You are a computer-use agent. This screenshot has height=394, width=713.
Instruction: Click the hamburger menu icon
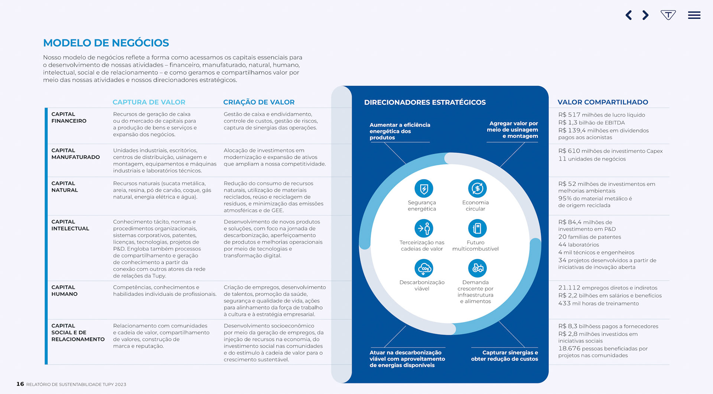[x=694, y=15]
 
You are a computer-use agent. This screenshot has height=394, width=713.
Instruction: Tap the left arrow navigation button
[x=629, y=15]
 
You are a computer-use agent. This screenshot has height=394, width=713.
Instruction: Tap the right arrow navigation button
[x=645, y=15]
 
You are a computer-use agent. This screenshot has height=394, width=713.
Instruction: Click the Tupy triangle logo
[x=668, y=15]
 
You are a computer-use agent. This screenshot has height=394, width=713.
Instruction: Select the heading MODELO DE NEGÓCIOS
[x=106, y=43]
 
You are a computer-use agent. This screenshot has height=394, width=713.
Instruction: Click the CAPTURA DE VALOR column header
[x=149, y=102]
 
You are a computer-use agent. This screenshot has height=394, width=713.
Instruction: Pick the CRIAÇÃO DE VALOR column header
[x=258, y=102]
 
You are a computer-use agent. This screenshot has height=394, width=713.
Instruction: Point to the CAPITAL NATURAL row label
[x=65, y=187]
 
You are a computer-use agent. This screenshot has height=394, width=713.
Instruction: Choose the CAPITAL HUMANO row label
[x=64, y=291]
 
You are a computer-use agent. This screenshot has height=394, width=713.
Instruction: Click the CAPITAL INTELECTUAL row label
[x=70, y=225]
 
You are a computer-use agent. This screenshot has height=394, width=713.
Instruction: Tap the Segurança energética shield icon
[x=424, y=188]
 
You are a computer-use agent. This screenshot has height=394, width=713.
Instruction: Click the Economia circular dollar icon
[x=477, y=188]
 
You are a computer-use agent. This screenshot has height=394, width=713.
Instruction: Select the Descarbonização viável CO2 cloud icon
[x=424, y=268]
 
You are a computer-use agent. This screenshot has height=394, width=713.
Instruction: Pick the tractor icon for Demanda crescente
[x=477, y=268]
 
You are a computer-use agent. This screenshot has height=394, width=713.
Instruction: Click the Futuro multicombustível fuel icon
[x=477, y=228]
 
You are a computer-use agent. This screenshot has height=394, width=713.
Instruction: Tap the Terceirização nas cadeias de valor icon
[x=424, y=228]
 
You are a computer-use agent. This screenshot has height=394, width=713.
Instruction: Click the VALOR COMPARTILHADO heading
[x=603, y=102]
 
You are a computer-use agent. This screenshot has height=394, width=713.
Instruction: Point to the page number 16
[x=20, y=384]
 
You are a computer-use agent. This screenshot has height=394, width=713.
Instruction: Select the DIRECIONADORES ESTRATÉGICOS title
[x=425, y=102]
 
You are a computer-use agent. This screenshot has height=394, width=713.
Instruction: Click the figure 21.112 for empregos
[x=569, y=288]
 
